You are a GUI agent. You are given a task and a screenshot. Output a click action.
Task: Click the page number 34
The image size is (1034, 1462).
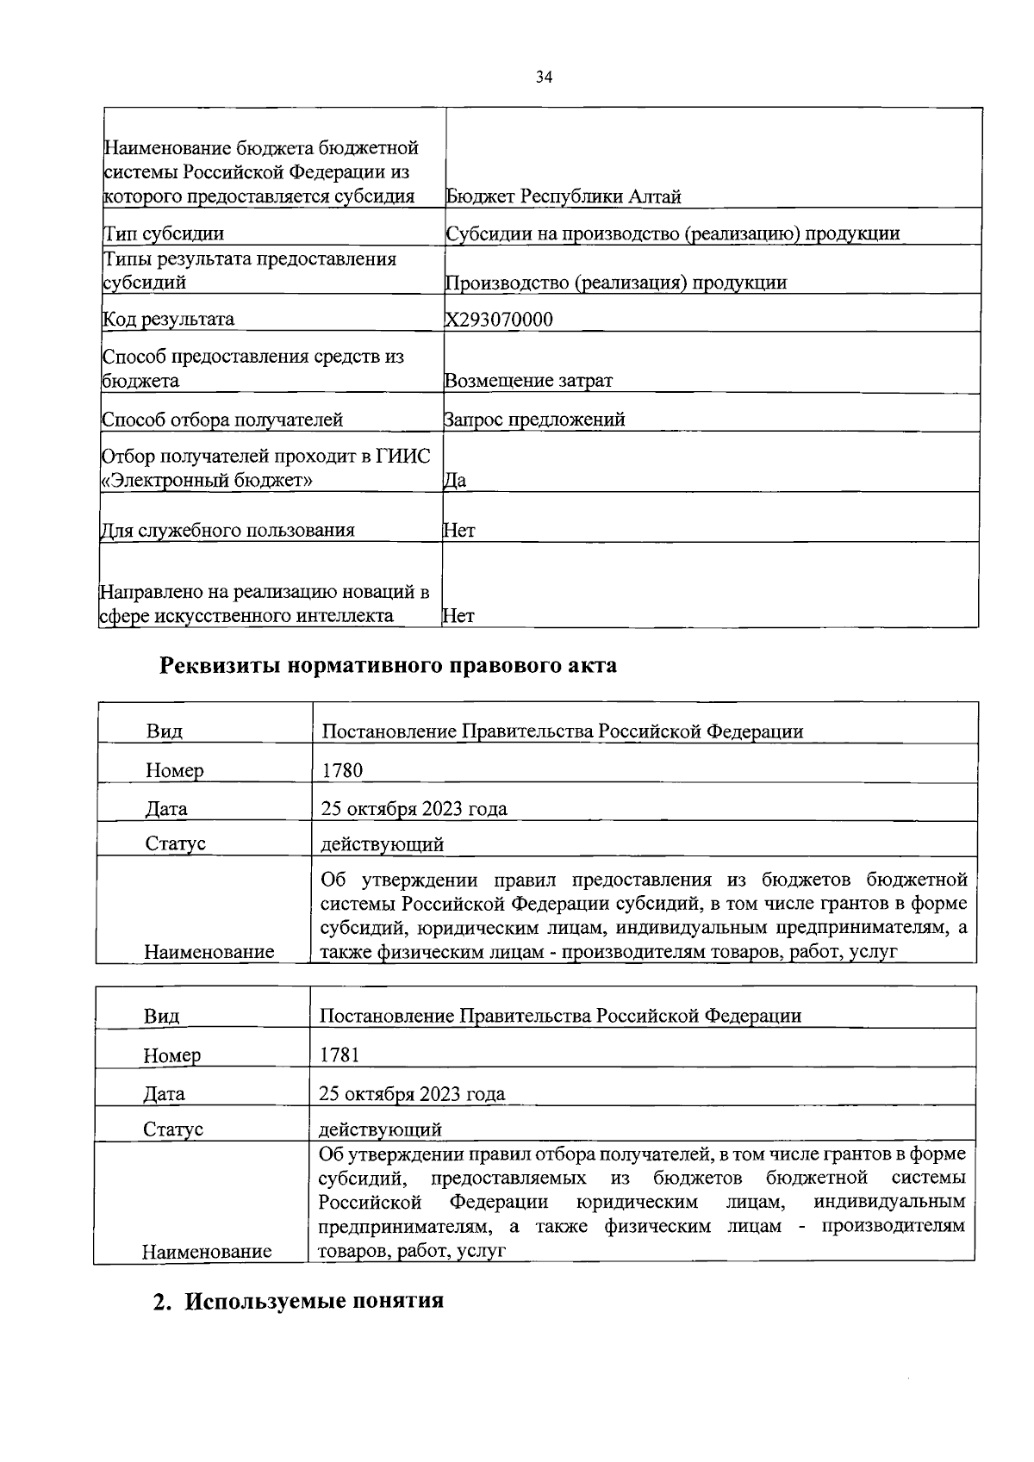544,78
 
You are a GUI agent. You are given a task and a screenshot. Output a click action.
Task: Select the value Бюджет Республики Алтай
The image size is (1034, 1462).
564,196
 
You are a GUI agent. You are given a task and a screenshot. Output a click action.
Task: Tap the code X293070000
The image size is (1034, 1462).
499,320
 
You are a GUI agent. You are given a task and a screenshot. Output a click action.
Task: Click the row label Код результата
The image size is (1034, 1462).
168,319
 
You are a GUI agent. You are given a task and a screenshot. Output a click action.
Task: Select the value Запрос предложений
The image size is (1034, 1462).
534,420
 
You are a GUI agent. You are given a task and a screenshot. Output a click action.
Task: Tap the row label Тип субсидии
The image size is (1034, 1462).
163,233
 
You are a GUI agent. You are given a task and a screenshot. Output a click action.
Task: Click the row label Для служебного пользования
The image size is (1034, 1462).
227,530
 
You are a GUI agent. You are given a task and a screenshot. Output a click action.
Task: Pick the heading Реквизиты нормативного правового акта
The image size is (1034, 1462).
389,666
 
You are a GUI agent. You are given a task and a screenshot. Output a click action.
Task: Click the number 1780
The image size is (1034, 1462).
342,770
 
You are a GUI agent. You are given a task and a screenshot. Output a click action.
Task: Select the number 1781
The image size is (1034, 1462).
339,1055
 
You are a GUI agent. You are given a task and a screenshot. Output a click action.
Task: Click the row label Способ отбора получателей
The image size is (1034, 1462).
222,420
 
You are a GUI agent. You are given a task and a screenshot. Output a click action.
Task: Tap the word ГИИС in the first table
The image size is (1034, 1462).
403,456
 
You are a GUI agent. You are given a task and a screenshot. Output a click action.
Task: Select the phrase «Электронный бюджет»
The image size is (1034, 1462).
207,480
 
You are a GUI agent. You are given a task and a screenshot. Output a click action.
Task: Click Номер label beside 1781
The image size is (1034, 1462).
172,1055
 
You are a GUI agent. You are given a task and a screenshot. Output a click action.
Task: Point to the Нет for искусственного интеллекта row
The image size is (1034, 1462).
458,615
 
